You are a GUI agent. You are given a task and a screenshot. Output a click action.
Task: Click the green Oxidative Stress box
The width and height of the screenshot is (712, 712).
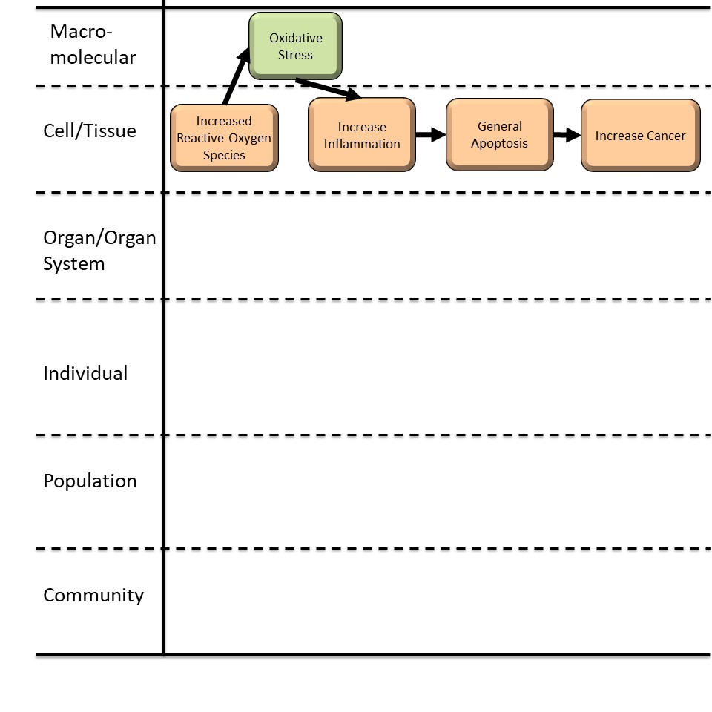(295, 46)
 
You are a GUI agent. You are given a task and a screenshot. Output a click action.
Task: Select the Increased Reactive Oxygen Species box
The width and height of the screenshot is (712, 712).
(224, 138)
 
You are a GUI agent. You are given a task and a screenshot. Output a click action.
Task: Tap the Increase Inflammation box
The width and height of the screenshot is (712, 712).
(362, 135)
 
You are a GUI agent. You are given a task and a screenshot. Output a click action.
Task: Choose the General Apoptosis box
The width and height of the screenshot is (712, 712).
(499, 135)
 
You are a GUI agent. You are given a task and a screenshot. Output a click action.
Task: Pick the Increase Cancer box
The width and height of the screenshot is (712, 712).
(640, 136)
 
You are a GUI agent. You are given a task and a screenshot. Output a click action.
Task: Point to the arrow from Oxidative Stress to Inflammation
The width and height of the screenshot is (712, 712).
(327, 88)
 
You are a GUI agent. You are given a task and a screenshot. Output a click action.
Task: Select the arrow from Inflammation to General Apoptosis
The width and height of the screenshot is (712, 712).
(430, 135)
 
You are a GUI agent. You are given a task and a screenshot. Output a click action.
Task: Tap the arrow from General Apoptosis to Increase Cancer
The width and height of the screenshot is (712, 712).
(567, 135)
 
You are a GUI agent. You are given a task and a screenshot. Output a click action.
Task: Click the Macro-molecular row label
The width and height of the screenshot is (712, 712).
(93, 44)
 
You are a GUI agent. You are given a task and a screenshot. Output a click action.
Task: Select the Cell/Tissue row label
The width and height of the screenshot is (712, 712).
(90, 131)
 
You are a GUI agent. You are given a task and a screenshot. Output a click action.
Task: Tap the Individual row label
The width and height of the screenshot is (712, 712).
(85, 373)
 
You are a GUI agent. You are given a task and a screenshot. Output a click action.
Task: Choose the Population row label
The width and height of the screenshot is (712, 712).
(90, 481)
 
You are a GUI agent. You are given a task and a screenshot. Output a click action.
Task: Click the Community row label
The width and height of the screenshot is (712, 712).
(93, 595)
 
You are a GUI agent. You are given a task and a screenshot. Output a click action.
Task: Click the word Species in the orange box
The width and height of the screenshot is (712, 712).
(224, 155)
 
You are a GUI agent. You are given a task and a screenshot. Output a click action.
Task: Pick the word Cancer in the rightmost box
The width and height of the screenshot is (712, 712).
(665, 136)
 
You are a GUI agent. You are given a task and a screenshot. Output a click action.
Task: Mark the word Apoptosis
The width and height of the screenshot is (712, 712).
(499, 143)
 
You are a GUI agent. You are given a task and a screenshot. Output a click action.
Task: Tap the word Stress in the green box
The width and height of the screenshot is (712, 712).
(295, 55)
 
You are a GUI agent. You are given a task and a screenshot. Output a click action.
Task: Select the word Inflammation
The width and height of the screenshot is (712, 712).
(362, 144)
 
